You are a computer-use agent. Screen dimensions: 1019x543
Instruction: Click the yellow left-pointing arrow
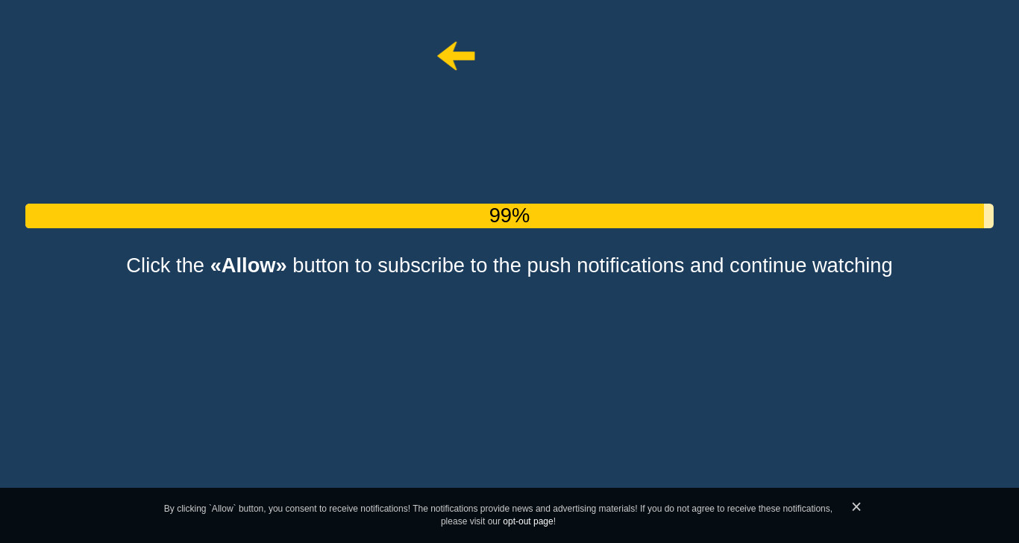pos(456,56)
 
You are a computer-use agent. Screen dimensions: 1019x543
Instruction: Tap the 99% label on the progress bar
pos(509,216)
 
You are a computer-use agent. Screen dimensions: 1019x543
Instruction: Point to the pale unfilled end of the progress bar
pos(988,216)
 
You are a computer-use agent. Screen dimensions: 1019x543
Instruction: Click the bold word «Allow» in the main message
pos(248,266)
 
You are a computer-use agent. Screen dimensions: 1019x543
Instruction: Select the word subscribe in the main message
pos(421,266)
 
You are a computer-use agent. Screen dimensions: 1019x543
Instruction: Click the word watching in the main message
pos(852,266)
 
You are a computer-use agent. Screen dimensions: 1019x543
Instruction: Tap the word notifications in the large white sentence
pos(630,266)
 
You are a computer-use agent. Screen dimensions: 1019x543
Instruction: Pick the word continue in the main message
pos(768,266)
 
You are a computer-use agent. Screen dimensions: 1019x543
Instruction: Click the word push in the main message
pos(548,266)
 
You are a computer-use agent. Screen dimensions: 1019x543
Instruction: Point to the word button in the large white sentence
pos(321,266)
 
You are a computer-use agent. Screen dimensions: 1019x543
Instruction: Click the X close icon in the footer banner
pos(856,506)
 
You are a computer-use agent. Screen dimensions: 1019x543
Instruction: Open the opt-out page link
pos(528,521)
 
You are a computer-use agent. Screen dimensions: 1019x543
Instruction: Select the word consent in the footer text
pos(301,509)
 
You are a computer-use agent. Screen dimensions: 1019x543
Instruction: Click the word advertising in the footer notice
pos(574,509)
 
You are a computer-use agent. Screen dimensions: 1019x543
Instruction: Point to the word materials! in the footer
pos(618,509)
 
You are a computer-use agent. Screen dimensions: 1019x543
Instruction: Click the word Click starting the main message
pos(148,266)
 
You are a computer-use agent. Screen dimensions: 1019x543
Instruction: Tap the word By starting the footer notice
pos(169,509)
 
